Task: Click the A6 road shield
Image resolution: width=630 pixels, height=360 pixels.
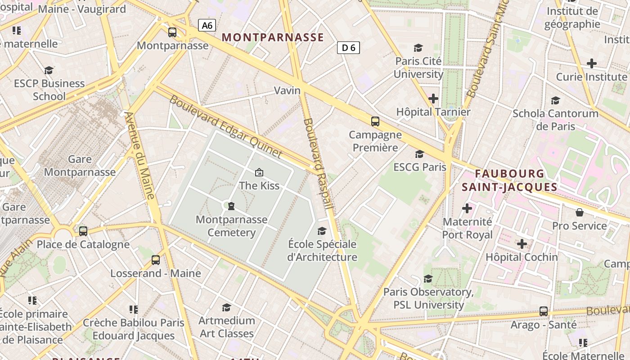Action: pyautogui.click(x=207, y=25)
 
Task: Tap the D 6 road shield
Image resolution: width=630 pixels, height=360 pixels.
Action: pyautogui.click(x=348, y=48)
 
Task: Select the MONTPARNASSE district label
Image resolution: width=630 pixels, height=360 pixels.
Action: pyautogui.click(x=273, y=37)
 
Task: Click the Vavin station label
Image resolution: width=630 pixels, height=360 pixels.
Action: pyautogui.click(x=287, y=90)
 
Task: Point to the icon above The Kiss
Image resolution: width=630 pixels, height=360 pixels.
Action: pyautogui.click(x=259, y=172)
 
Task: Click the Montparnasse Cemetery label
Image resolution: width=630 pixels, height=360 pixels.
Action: pyautogui.click(x=231, y=226)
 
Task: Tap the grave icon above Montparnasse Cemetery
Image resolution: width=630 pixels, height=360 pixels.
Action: pyautogui.click(x=231, y=206)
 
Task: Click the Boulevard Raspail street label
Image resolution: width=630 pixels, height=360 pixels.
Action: pyautogui.click(x=318, y=163)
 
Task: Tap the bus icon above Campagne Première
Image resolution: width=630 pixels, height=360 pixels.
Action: pyautogui.click(x=375, y=121)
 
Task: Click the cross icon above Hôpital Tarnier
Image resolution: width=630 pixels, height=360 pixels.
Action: pyautogui.click(x=433, y=99)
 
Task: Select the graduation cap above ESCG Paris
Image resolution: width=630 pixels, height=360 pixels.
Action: pyautogui.click(x=419, y=154)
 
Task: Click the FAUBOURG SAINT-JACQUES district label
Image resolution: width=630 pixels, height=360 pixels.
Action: pyautogui.click(x=509, y=180)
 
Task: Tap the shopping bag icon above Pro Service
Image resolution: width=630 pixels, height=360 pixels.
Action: pyautogui.click(x=579, y=212)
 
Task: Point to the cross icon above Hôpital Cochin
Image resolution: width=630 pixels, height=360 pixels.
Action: pyautogui.click(x=522, y=244)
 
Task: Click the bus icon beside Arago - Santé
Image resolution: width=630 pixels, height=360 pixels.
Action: pyautogui.click(x=543, y=311)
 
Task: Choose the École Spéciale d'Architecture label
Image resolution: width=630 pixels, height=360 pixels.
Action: pyautogui.click(x=322, y=251)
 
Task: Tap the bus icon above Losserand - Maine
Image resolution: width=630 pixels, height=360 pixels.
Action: pyautogui.click(x=155, y=260)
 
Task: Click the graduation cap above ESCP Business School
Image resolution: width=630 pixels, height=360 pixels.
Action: pyautogui.click(x=49, y=71)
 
